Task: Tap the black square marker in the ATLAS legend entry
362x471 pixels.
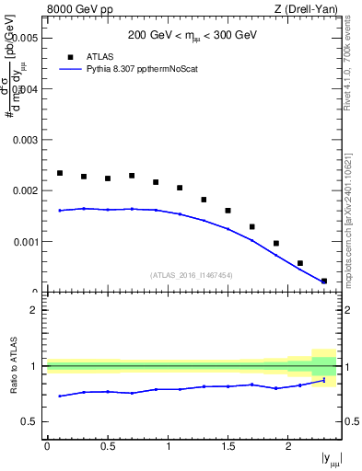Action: coord(71,55)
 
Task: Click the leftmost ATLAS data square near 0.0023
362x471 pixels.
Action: coord(60,173)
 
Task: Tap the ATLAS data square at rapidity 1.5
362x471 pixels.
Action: coord(228,211)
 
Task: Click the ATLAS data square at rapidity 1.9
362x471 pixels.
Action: coord(276,244)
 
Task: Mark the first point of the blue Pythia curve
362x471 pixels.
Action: coord(60,211)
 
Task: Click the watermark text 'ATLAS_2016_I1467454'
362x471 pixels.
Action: coord(192,275)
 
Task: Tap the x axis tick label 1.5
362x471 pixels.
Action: coord(228,446)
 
